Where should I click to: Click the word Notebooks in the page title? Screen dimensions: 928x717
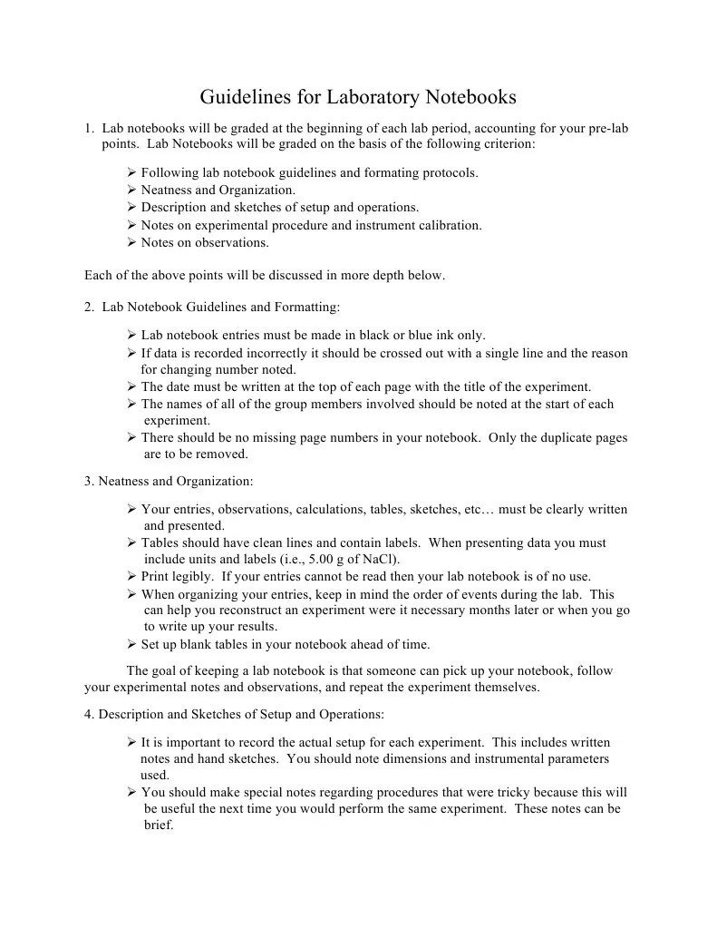pos(470,97)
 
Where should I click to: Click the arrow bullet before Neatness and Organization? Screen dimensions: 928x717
pos(131,190)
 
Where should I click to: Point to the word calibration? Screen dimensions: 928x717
pos(450,225)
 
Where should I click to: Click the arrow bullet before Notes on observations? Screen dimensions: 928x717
pos(131,243)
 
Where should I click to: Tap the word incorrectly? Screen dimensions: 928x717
pos(257,353)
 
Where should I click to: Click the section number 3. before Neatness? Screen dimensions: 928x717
pos(89,481)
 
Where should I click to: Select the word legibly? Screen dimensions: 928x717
pos(192,576)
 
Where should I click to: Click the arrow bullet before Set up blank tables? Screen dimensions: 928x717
pos(131,645)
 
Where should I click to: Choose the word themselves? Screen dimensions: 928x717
pos(505,687)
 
